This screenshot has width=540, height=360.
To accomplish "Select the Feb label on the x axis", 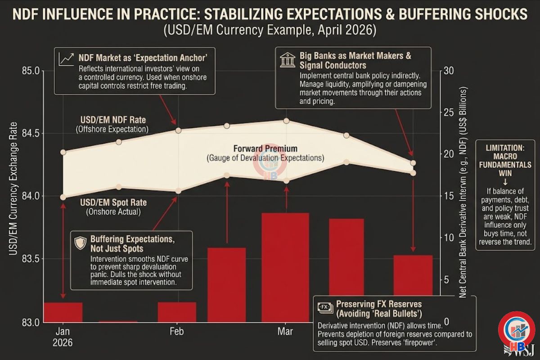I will click(x=176, y=332).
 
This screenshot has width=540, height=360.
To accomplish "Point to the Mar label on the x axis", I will click(x=285, y=332).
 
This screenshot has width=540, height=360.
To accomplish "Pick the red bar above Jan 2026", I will click(x=63, y=312).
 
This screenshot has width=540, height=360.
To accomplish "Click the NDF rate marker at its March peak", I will click(x=286, y=121).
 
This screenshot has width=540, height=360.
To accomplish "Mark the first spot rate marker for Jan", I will click(x=63, y=197).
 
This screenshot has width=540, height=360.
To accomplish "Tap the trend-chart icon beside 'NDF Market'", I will click(x=66, y=58).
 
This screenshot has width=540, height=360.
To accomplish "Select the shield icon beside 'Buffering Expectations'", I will click(x=80, y=243).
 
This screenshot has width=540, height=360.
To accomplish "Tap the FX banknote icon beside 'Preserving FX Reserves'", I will click(x=324, y=307).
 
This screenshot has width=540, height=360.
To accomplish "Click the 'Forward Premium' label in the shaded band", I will click(x=265, y=148).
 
